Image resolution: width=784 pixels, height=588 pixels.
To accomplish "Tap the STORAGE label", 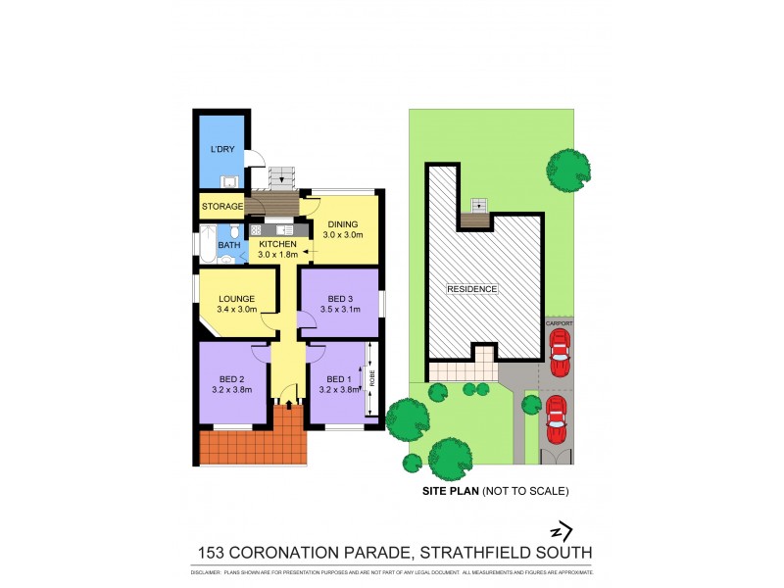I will point(222,207).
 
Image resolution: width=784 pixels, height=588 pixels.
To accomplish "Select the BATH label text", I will point(229,245).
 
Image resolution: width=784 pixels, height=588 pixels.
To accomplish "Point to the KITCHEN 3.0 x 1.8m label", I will point(277,249).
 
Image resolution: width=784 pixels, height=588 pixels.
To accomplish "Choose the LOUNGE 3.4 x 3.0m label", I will point(237,305).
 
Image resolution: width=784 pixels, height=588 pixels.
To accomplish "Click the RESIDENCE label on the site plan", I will point(473,289).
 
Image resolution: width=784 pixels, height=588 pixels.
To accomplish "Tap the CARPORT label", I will point(559,322).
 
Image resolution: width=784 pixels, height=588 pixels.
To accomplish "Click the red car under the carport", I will point(559,353).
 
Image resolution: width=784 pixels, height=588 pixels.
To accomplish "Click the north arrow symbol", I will point(560,531).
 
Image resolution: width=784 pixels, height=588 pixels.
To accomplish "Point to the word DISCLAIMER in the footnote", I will point(209,571).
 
